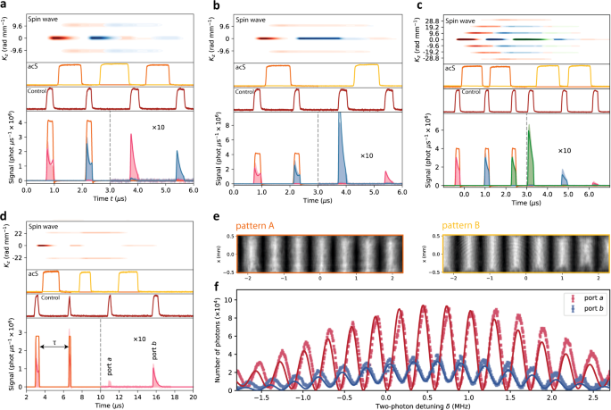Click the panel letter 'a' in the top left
point(4,5)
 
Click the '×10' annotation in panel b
point(366,155)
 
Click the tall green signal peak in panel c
point(529,156)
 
